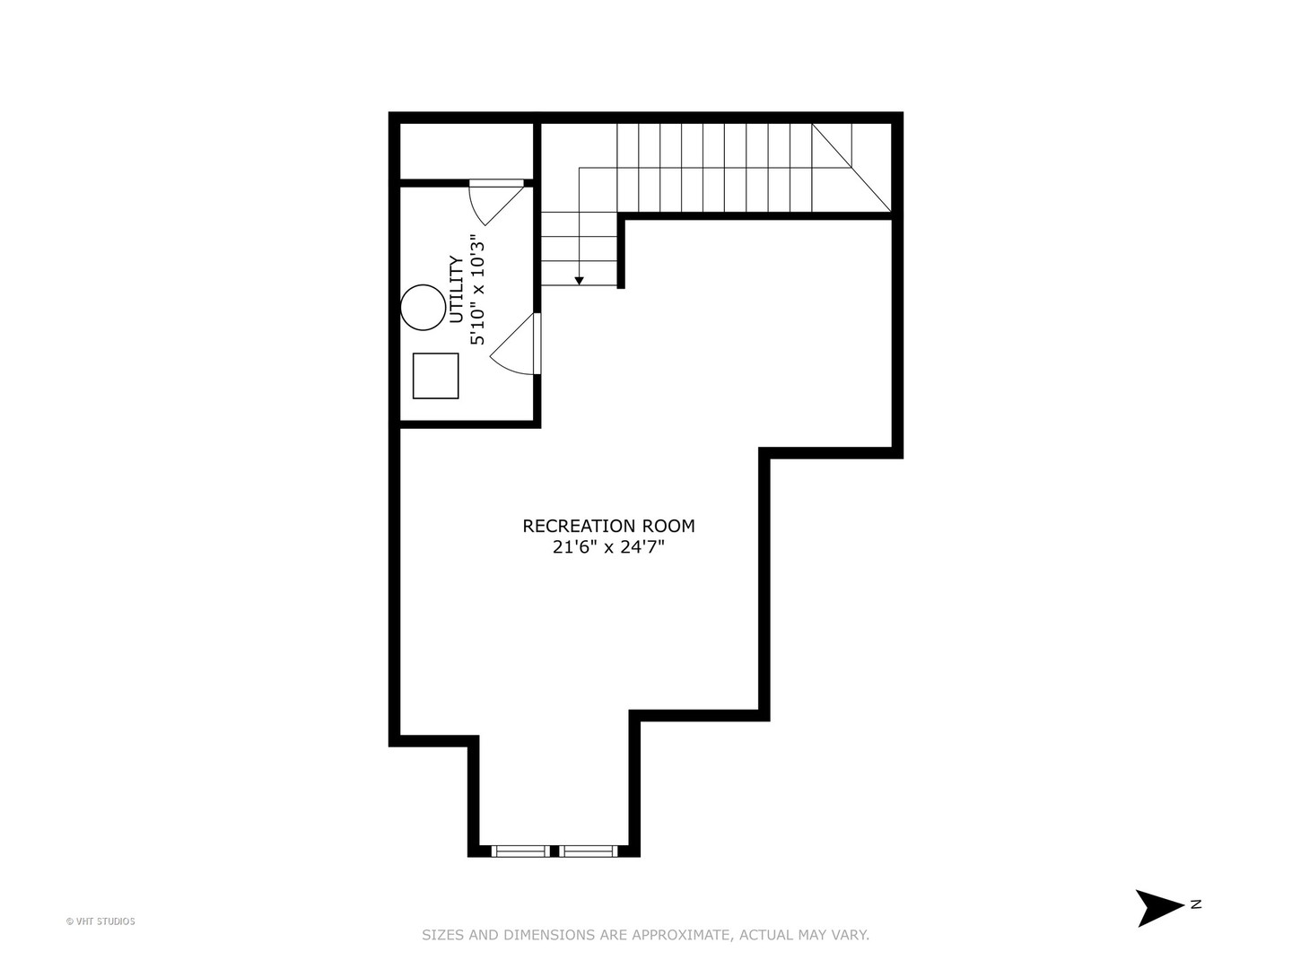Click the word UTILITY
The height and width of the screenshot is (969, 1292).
[456, 290]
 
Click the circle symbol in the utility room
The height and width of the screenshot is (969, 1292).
[423, 307]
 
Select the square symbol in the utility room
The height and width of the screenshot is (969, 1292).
[435, 376]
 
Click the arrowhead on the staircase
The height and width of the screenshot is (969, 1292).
[580, 281]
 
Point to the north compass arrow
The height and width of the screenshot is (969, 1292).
[1157, 908]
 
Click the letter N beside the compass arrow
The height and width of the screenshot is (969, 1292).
[1196, 904]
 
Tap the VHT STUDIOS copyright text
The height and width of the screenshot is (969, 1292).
[100, 921]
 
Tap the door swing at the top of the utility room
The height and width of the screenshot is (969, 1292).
[496, 203]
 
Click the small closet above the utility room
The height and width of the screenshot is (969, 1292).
[467, 151]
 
